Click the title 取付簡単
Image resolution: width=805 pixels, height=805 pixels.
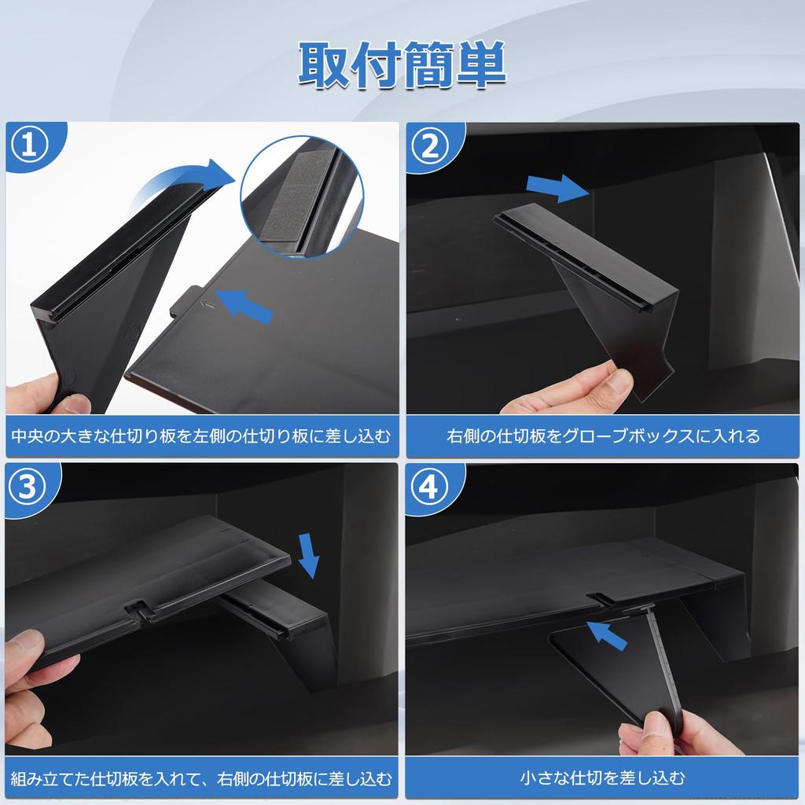pos(402,65)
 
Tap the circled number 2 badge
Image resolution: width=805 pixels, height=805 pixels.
pos(429,147)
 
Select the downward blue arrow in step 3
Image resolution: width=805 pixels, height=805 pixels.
pos(310,554)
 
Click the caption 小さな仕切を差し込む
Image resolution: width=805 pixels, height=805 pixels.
pos(602,778)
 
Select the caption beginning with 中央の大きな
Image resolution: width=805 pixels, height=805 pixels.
pos(201,436)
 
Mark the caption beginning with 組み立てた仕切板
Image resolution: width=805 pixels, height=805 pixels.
pos(201,778)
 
